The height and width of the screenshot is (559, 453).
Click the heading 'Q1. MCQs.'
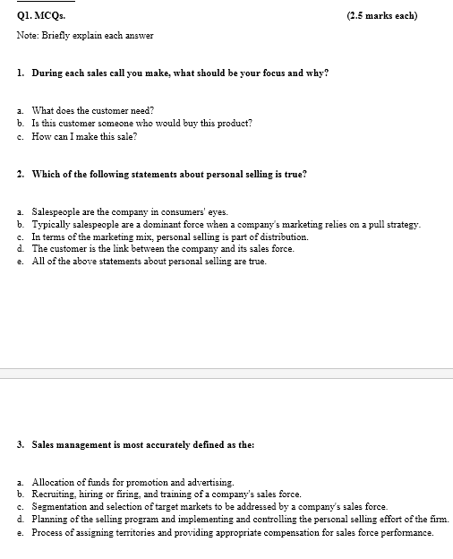(x=41, y=16)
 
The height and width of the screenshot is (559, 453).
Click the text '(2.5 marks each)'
(x=381, y=16)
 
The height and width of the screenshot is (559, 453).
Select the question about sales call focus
(x=179, y=72)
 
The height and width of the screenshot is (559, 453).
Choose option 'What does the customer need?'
(x=94, y=110)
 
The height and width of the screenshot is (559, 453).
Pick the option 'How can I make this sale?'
(x=84, y=136)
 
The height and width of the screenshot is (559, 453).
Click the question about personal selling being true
(x=169, y=174)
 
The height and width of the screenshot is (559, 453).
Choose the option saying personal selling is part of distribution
(x=170, y=237)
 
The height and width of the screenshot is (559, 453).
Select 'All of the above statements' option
(x=149, y=262)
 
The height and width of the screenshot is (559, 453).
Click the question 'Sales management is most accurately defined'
(x=142, y=444)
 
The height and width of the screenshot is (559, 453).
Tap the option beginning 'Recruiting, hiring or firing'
(x=167, y=494)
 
